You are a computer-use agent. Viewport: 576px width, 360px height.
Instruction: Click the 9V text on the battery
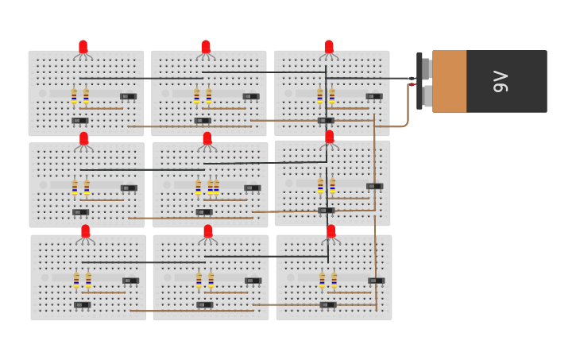(x=500, y=81)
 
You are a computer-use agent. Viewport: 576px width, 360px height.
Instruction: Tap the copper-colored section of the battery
(x=449, y=81)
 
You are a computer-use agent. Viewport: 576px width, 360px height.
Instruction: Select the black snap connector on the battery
(x=419, y=81)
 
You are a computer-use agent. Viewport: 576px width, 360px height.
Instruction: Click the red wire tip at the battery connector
(x=412, y=84)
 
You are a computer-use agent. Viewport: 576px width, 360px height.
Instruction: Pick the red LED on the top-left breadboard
(x=83, y=47)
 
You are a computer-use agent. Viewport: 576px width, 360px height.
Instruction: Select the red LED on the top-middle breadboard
(x=206, y=47)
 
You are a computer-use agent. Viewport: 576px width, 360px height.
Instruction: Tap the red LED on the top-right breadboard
(x=329, y=47)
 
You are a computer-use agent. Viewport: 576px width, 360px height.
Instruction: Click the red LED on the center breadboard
(x=207, y=139)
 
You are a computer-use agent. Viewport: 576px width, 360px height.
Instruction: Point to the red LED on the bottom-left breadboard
(x=86, y=231)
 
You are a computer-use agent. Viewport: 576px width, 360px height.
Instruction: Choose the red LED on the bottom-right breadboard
(x=331, y=231)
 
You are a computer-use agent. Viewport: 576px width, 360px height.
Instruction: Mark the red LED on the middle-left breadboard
(x=84, y=139)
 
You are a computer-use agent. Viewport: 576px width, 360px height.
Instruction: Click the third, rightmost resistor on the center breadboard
(x=216, y=188)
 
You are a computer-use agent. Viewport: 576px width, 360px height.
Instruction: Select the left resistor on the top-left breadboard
(x=74, y=96)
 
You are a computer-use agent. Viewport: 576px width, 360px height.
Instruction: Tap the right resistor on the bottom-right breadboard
(x=334, y=280)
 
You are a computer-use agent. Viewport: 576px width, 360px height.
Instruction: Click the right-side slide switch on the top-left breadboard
(x=128, y=96)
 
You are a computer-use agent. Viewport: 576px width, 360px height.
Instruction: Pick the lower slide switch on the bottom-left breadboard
(x=82, y=304)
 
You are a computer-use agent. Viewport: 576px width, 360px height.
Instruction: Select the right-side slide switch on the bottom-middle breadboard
(x=253, y=281)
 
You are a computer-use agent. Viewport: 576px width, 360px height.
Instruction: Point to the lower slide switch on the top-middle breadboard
(x=203, y=121)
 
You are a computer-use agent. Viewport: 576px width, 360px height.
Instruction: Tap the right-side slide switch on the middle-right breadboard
(x=375, y=186)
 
